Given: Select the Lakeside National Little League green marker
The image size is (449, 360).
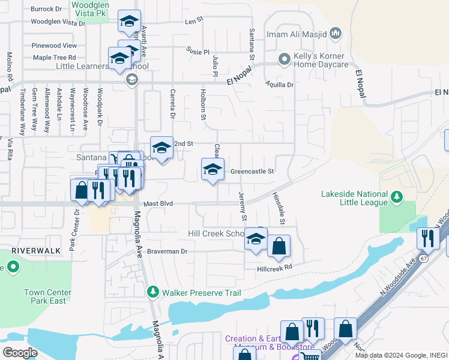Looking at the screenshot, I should coord(396,196).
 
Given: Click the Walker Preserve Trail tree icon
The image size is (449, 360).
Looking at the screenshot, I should coord(153,292).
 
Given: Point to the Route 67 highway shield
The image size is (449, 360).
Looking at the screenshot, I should coord(424,257).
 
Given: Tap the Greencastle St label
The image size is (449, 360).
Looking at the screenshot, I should coord(252,171).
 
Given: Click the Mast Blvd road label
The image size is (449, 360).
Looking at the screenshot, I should coord(158,204).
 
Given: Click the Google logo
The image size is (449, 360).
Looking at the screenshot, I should coord(20,353).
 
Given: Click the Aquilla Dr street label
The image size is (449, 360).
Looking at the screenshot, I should coord(282,85).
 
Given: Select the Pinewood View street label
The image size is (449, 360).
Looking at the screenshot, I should coord(55,46).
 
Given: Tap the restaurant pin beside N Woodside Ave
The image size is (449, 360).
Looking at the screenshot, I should coord(428,238).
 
